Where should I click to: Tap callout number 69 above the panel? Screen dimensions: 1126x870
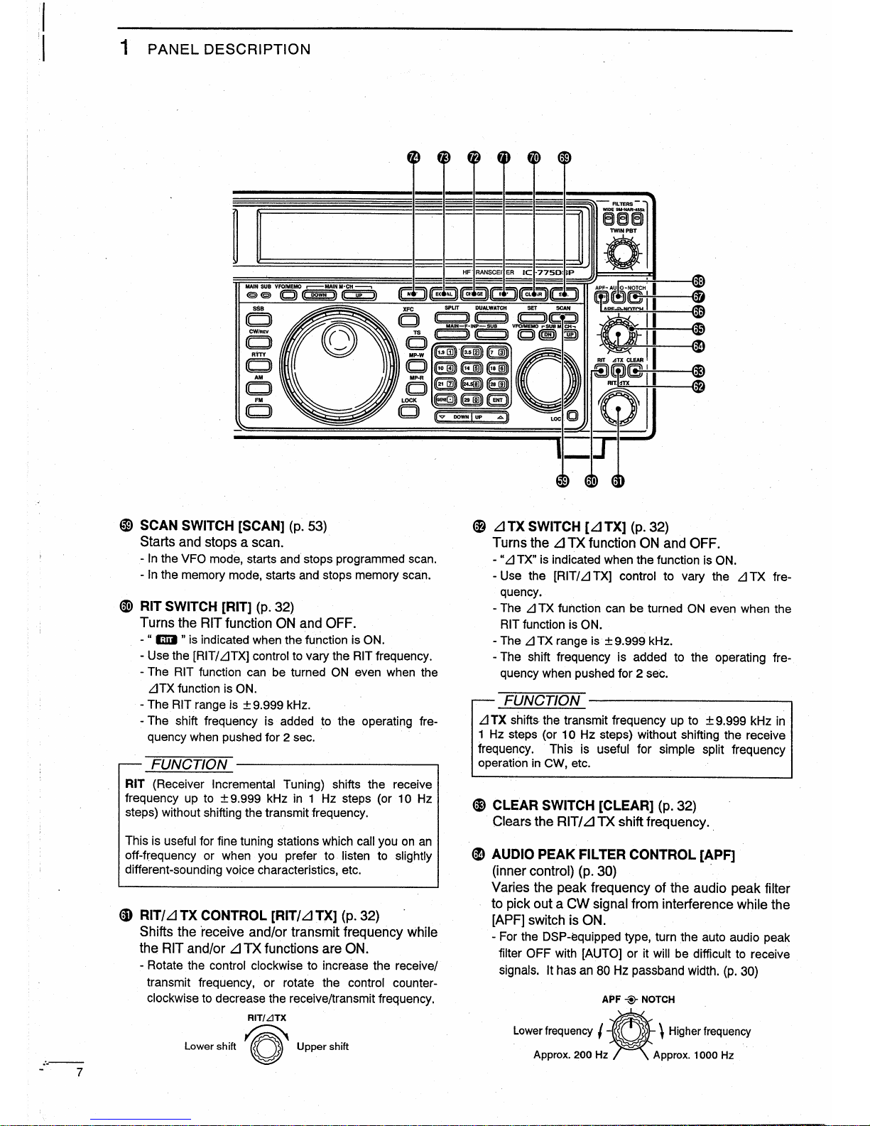click(x=565, y=158)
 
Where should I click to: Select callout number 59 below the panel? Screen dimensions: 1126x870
click(x=562, y=481)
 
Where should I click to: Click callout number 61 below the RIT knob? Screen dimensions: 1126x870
click(x=618, y=481)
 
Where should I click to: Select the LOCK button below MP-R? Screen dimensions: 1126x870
click(x=408, y=413)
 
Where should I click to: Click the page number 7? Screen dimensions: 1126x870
click(x=80, y=1073)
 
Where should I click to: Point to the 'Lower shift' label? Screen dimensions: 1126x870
click(x=210, y=1046)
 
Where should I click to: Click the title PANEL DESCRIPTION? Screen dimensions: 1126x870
click(x=228, y=50)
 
